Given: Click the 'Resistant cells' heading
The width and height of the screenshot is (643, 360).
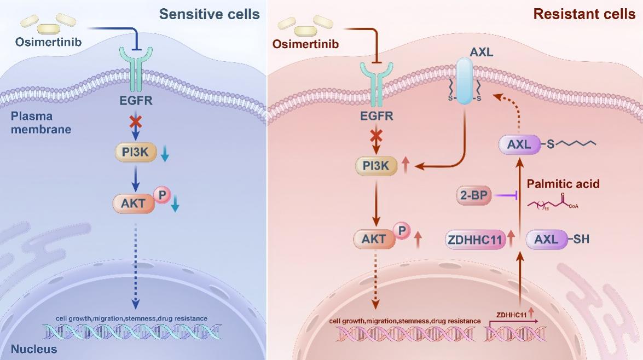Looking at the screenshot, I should pos(584,14).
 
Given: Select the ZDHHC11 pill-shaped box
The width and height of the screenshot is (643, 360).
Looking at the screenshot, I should pos(474,239).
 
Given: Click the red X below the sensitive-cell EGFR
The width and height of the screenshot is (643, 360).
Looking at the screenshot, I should pos(135,122).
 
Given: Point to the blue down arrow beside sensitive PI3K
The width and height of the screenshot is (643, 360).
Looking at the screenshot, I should pos(165,156).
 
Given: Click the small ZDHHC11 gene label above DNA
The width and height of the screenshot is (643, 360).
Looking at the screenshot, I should pos(512,315).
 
